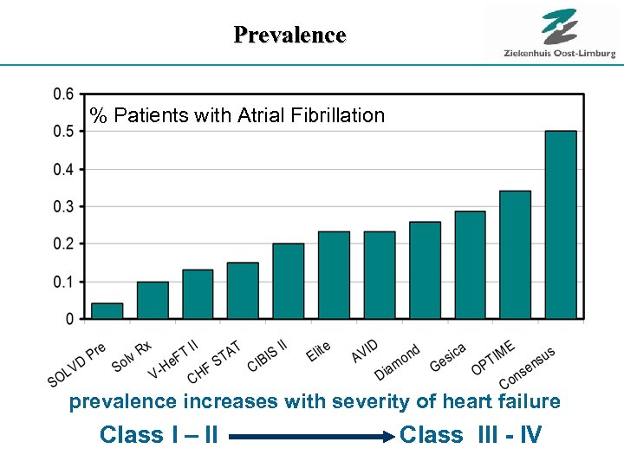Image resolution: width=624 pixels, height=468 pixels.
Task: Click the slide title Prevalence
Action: [289, 35]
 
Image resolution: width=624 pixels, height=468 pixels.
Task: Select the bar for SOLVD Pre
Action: [107, 310]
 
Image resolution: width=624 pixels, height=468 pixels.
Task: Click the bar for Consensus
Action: [561, 225]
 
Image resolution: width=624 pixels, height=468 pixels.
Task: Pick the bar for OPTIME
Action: [516, 255]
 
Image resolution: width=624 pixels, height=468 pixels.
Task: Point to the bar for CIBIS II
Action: [289, 281]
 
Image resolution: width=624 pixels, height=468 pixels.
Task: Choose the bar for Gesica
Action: [470, 265]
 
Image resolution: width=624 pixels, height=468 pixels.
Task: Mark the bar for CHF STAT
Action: [243, 290]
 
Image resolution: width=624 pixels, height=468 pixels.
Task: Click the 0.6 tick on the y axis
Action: [63, 94]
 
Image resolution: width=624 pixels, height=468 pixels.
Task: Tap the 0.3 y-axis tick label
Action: [63, 206]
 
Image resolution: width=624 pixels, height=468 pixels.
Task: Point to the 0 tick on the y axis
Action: [70, 319]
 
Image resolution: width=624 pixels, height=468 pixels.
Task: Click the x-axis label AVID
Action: [365, 351]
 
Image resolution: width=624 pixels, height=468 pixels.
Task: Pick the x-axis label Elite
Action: [318, 351]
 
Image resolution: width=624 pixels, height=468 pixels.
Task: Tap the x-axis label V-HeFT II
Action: [173, 361]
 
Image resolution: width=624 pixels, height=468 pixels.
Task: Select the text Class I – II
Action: [159, 434]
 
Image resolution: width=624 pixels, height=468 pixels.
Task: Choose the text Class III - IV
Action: [471, 434]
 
